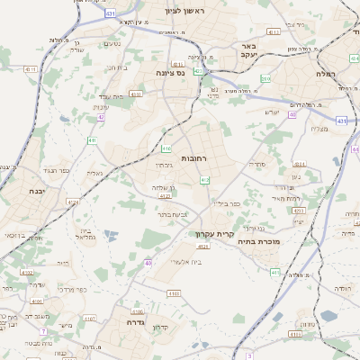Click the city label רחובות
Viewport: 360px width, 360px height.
(193, 158)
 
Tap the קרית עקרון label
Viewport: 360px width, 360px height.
(214, 235)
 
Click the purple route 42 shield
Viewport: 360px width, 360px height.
(102, 117)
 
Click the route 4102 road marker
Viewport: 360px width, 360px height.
(27, 272)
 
